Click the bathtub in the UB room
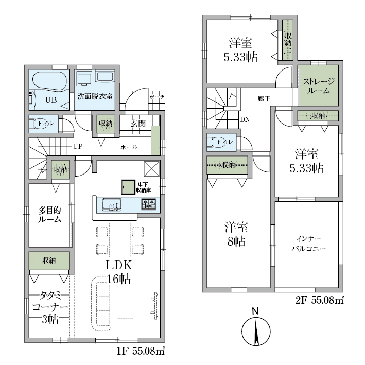[x=49, y=80]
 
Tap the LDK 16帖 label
[x=119, y=272]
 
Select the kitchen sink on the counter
[x=112, y=204]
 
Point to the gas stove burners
[x=148, y=204]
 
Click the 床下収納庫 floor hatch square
[x=128, y=187]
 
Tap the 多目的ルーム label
[x=49, y=215]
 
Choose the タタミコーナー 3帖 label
[x=50, y=307]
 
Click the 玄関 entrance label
[x=138, y=124]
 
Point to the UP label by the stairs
[x=78, y=146]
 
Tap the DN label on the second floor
[x=245, y=119]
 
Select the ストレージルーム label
[x=319, y=85]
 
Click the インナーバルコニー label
[x=308, y=244]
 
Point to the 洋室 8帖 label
[x=236, y=234]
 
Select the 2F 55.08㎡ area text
[x=320, y=300]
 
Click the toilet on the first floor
[x=41, y=124]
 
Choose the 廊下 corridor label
[x=264, y=99]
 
